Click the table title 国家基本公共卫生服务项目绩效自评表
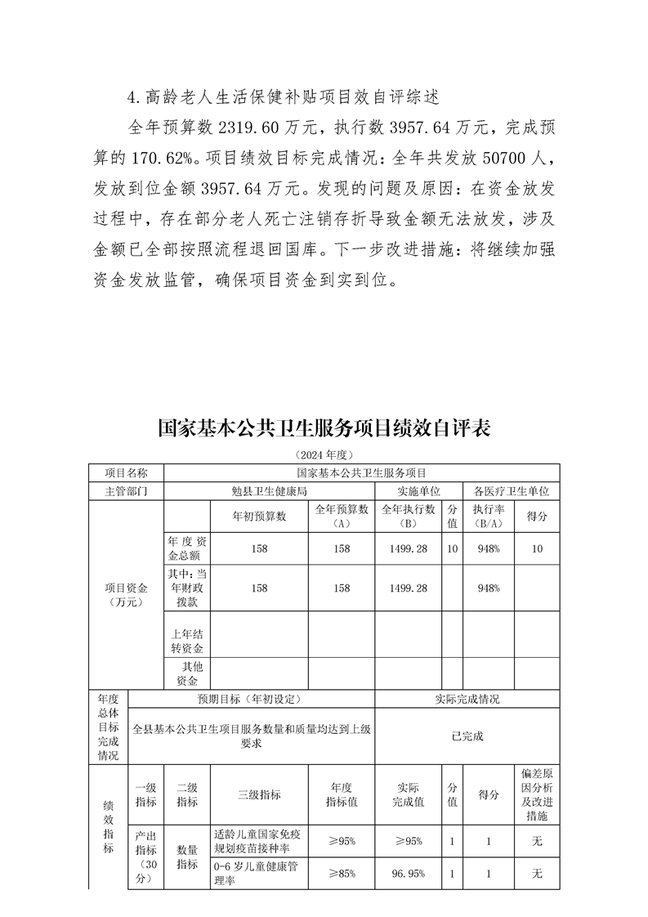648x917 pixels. click(324, 429)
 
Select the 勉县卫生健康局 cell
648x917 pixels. click(269, 491)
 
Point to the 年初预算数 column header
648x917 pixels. click(260, 517)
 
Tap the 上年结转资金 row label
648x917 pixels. click(186, 640)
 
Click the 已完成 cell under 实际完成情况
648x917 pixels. click(467, 736)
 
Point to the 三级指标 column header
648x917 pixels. click(259, 794)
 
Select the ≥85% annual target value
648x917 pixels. click(342, 874)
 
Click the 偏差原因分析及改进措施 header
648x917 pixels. click(537, 794)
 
